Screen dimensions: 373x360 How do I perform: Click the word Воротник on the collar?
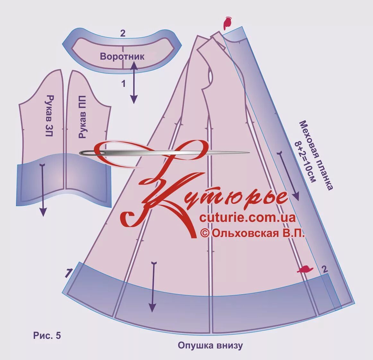(x=122, y=56)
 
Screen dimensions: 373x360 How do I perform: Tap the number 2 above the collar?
(x=123, y=33)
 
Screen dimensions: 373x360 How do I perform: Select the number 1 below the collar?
(x=123, y=84)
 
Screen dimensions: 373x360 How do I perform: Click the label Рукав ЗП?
(x=49, y=116)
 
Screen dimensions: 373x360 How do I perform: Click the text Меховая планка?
(x=316, y=155)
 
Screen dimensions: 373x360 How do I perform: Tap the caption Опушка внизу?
(x=210, y=346)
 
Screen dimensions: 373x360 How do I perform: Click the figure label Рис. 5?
(x=47, y=336)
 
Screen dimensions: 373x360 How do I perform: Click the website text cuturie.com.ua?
(x=247, y=218)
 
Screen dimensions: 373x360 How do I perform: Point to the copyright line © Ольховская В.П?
(x=252, y=233)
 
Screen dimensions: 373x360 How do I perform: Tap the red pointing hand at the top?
(x=227, y=23)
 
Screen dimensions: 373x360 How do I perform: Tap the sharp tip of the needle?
(x=248, y=153)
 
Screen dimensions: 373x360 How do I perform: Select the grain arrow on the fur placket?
(x=288, y=176)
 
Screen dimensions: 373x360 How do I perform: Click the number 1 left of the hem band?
(x=68, y=273)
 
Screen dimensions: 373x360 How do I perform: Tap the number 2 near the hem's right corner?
(x=325, y=269)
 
